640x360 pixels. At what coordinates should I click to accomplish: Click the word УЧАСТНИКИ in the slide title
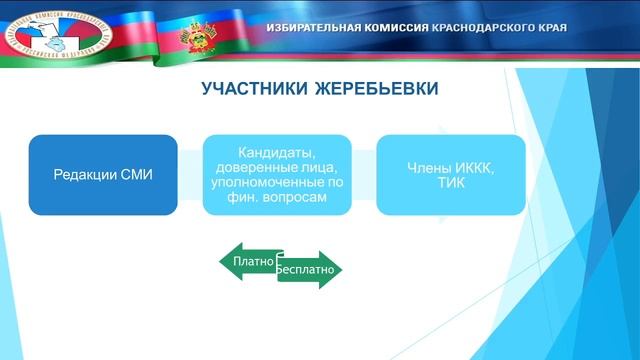point(248,90)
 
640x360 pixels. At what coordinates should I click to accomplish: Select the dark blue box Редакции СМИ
point(103,175)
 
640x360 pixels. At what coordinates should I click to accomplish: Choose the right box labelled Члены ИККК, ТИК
point(450,175)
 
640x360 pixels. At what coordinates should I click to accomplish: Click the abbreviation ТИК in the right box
point(451,183)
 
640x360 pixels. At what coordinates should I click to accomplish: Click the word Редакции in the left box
point(85,175)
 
